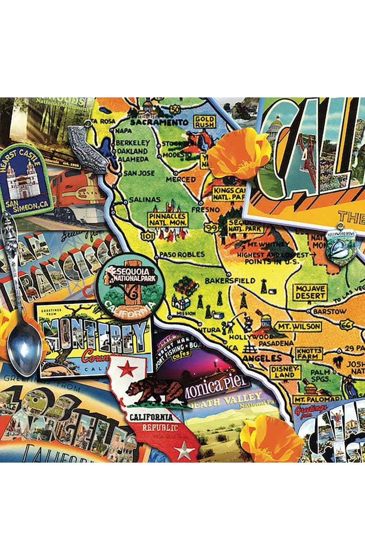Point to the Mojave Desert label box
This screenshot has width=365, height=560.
point(310,292)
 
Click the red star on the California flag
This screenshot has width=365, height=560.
point(127,369)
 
